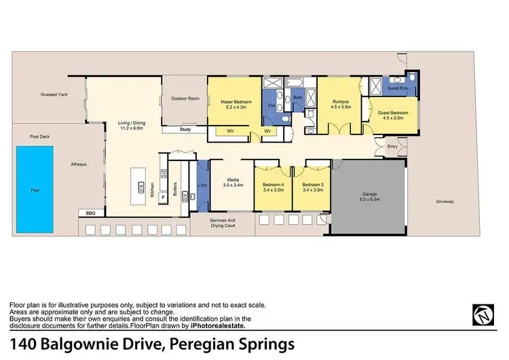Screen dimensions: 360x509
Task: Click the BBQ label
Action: [x=92, y=213]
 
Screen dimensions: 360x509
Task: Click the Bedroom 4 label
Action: [x=272, y=185]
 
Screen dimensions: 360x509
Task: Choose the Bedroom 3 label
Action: [x=312, y=185]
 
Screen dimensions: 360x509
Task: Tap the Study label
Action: [x=185, y=129]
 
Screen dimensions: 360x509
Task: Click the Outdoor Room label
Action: [x=185, y=98]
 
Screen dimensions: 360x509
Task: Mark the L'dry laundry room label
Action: [x=202, y=185]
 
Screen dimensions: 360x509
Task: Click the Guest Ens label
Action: [x=396, y=88]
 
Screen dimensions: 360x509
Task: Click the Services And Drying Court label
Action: [x=222, y=223]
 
